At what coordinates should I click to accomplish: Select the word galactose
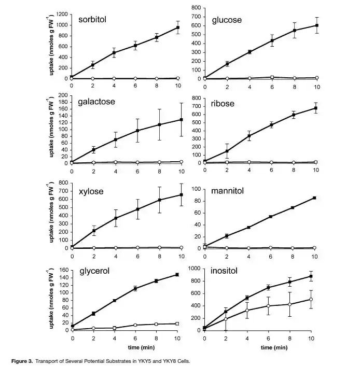point(96,102)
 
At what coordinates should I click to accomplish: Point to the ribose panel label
point(223,104)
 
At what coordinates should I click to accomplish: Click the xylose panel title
point(91,191)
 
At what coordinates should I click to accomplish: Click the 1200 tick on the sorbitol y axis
point(62,13)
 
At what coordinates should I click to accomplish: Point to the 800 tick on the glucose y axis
point(197,8)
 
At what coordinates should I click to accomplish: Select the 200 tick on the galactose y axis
point(64,95)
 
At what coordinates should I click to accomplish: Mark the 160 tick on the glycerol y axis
point(64,270)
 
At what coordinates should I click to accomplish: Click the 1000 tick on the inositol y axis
point(195,268)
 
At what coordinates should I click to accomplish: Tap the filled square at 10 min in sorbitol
point(177,27)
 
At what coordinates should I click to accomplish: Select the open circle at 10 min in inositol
point(311,299)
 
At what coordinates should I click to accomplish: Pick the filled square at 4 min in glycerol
point(114,301)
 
